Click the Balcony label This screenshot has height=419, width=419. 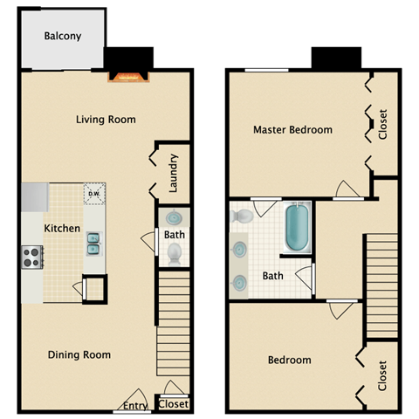pyautogui.click(x=64, y=36)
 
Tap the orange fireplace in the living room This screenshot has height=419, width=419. pyautogui.click(x=127, y=77)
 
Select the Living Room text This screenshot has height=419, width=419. pyautogui.click(x=106, y=120)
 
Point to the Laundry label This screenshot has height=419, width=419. pyautogui.click(x=174, y=173)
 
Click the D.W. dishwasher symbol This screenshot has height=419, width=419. pyautogui.click(x=93, y=194)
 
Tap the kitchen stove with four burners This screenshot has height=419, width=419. pyautogui.click(x=31, y=258)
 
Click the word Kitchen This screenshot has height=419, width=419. pyautogui.click(x=62, y=229)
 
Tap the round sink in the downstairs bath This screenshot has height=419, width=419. pyautogui.click(x=174, y=217)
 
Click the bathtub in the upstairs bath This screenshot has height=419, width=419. pyautogui.click(x=297, y=229)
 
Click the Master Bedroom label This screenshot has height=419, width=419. pyautogui.click(x=292, y=130)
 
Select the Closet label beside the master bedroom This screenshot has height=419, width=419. pyautogui.click(x=382, y=123)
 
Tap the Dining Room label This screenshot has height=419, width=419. pyautogui.click(x=80, y=354)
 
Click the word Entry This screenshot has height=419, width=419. pyautogui.click(x=135, y=405)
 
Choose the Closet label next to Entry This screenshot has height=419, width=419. pyautogui.click(x=174, y=404)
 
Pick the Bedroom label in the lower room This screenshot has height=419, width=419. pyautogui.click(x=289, y=360)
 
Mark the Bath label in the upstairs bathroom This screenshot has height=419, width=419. pyautogui.click(x=273, y=277)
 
